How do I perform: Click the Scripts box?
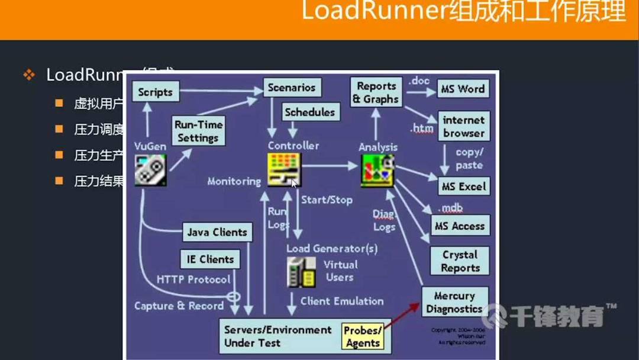[155, 92]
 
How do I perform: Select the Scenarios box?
[292, 88]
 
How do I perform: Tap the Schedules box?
[309, 112]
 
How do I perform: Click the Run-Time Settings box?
[198, 131]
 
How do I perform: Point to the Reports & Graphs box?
[376, 92]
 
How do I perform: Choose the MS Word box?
[463, 89]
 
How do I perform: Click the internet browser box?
[463, 127]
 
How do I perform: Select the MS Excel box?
[463, 187]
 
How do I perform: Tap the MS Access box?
[460, 226]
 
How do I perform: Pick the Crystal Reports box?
[460, 261]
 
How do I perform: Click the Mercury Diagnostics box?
[454, 302]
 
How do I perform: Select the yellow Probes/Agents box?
[363, 336]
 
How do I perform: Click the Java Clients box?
[217, 232]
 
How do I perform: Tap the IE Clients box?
[210, 259]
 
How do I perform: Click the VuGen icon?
[150, 170]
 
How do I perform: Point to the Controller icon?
[285, 169]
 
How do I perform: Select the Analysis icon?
[377, 171]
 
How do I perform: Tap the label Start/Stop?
[327, 200]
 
